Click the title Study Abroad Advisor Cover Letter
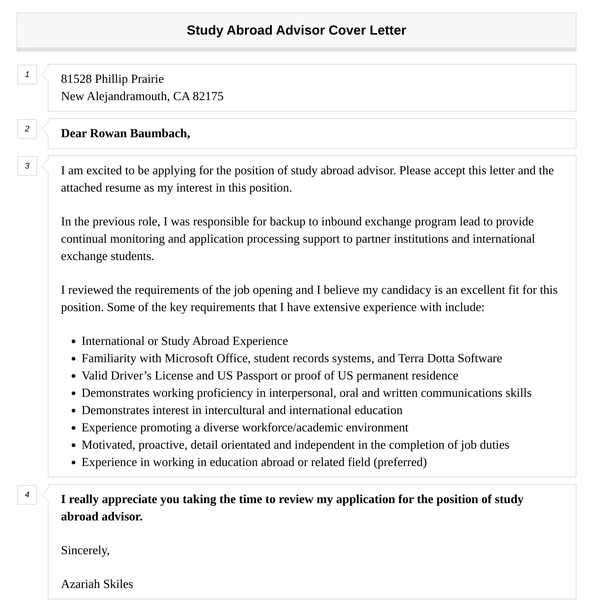(x=296, y=30)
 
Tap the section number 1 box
(x=27, y=75)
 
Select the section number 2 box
(x=27, y=129)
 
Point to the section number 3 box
(x=27, y=166)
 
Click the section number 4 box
(x=27, y=495)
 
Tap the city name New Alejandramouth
(x=114, y=96)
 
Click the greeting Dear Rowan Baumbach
(x=125, y=134)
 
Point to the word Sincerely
(x=85, y=550)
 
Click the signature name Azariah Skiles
(x=97, y=584)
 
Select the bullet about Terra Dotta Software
(x=292, y=358)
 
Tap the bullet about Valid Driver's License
(x=270, y=376)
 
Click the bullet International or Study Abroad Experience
(x=184, y=341)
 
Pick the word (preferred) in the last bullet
(x=400, y=462)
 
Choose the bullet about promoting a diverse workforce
(x=245, y=428)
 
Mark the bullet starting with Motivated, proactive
(x=295, y=445)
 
